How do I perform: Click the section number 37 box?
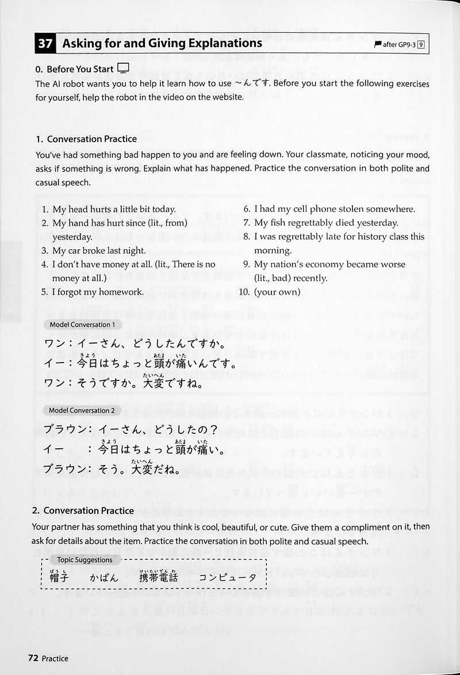tap(45, 43)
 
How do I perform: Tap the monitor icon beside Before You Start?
tap(123, 68)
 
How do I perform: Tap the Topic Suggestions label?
tap(80, 559)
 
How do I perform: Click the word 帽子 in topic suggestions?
tap(59, 577)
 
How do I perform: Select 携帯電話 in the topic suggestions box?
tap(159, 577)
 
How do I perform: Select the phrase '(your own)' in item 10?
tap(277, 292)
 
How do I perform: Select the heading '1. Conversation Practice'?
tap(86, 139)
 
